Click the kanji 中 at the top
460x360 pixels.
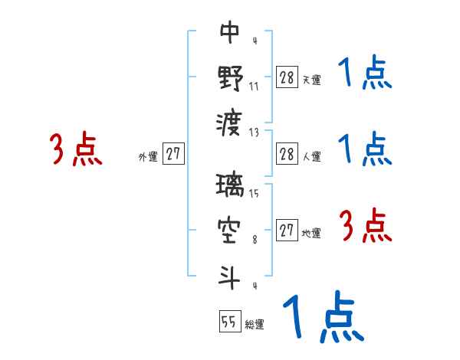[x=231, y=33]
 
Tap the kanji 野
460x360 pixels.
[x=231, y=78]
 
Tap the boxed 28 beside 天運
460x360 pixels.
[x=286, y=77]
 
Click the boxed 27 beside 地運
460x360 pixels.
[x=286, y=231]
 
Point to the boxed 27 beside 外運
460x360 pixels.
[x=173, y=153]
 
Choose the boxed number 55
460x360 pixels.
[x=229, y=321]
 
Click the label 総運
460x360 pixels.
[x=255, y=325]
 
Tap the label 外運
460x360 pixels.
[x=148, y=157]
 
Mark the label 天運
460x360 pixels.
[x=311, y=80]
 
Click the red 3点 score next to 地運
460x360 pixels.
[x=366, y=227]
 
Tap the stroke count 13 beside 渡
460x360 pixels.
[x=255, y=132]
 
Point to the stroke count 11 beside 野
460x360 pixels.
[x=255, y=86]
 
